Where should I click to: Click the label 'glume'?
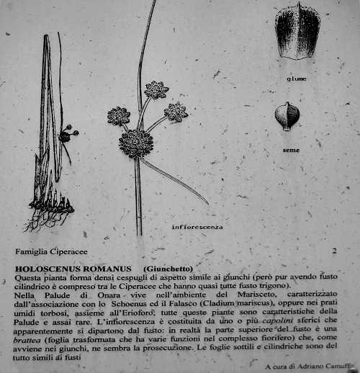[x=296, y=78]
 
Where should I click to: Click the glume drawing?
[x=297, y=32]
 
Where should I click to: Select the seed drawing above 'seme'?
[x=287, y=116]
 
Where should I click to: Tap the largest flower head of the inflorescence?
[x=135, y=143]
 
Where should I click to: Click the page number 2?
[x=334, y=251]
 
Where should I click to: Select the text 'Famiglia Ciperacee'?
[x=46, y=252]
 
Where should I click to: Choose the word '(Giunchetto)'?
[x=168, y=268]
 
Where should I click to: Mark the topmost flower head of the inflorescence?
[x=156, y=89]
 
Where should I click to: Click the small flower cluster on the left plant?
[x=67, y=135]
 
